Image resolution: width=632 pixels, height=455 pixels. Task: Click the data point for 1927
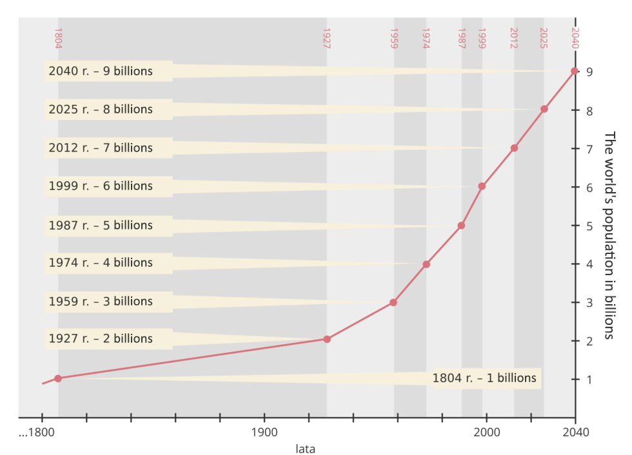click(x=327, y=339)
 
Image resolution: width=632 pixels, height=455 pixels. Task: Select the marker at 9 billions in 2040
click(x=574, y=71)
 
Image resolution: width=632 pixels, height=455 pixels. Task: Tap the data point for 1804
click(x=58, y=378)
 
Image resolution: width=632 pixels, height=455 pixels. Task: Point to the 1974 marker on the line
click(x=426, y=264)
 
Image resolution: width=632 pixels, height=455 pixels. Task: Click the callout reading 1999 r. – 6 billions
click(x=101, y=186)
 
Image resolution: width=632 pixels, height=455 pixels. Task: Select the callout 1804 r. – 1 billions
click(x=484, y=378)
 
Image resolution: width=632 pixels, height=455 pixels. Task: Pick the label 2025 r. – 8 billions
click(x=101, y=109)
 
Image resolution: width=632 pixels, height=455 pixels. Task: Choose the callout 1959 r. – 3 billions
click(x=101, y=301)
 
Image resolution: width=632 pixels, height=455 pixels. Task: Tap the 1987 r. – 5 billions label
click(x=101, y=225)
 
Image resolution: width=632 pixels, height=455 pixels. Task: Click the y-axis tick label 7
click(x=589, y=149)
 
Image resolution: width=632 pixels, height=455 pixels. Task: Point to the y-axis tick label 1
click(x=589, y=380)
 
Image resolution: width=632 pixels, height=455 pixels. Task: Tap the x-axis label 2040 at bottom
click(x=575, y=432)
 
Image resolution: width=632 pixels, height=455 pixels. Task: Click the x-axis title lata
click(x=305, y=448)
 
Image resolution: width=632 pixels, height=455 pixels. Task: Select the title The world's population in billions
click(x=610, y=235)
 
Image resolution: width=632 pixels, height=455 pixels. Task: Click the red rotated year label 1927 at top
click(x=326, y=38)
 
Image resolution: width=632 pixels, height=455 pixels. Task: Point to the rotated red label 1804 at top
click(x=58, y=38)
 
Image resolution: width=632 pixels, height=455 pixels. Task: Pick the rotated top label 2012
click(x=514, y=38)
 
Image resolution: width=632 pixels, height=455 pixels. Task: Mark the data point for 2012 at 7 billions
click(x=514, y=148)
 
